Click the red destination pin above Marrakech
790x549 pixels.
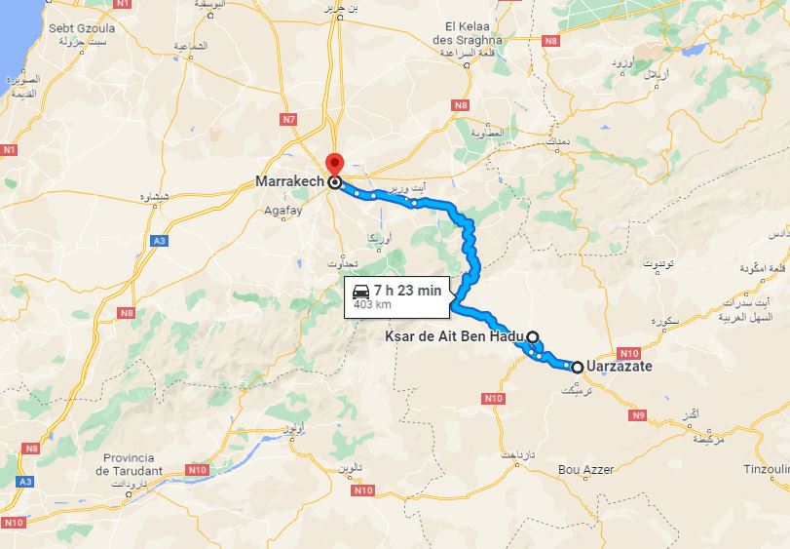point(334,163)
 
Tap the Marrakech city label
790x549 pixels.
point(289,181)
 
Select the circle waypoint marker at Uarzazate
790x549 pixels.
point(578,368)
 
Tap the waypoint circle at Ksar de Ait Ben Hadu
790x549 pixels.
point(533,334)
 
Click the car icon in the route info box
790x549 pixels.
point(360,291)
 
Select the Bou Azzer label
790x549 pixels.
point(585,469)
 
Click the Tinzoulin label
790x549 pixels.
point(765,469)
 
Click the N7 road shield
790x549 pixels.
point(287,119)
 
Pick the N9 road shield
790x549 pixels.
point(638,416)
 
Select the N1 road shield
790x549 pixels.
point(11,150)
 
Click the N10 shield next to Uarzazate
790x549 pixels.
point(628,353)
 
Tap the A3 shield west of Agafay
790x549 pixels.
point(159,240)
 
